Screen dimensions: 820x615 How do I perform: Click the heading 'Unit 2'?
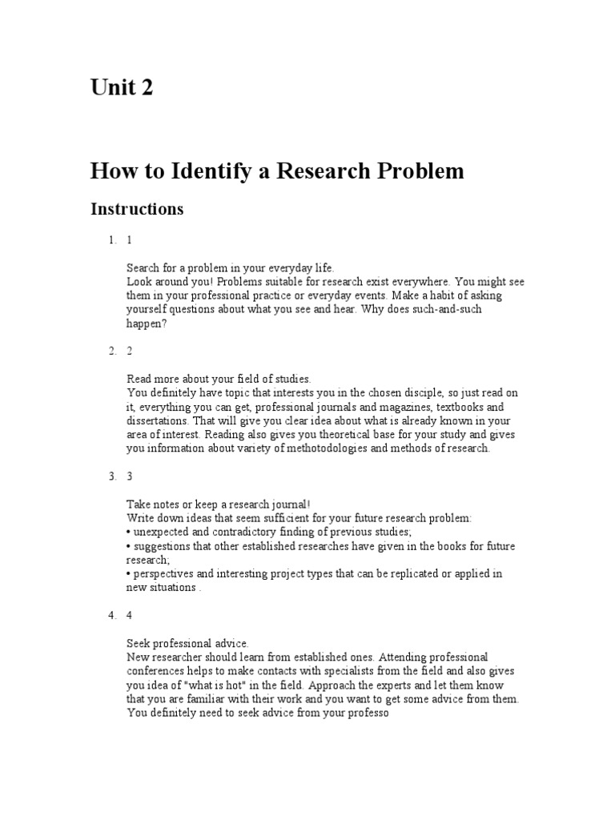(x=121, y=87)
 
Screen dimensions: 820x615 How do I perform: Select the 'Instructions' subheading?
(x=137, y=209)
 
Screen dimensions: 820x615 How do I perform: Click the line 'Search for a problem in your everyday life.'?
(x=230, y=267)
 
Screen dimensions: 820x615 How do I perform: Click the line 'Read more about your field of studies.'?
(x=218, y=378)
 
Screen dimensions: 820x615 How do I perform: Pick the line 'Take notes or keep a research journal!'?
(x=218, y=504)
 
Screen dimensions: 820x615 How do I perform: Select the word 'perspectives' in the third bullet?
(x=163, y=573)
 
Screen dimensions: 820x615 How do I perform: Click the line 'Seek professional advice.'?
(x=187, y=643)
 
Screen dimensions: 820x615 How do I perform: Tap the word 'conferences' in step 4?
(x=157, y=671)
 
